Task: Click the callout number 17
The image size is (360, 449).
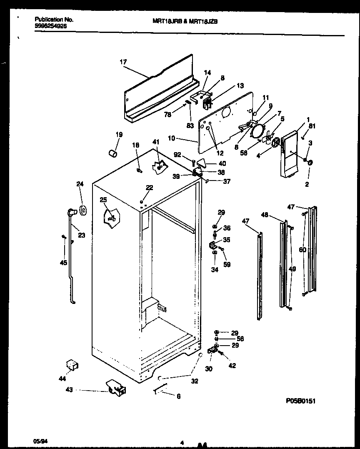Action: coord(123,62)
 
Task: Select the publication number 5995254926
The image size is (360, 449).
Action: coord(50,26)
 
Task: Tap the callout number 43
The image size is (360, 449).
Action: coord(69,390)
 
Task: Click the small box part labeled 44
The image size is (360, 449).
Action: coord(73,366)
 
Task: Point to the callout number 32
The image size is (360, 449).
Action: coord(195,381)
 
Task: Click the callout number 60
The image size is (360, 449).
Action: coord(302,250)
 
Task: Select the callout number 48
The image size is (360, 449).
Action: coord(265,215)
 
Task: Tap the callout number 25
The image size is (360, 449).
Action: coord(103,200)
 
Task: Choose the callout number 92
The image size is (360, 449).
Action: coord(177,155)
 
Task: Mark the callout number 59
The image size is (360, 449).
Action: coord(227,264)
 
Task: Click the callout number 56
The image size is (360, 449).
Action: coord(240,339)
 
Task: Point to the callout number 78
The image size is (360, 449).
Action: coord(167,114)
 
